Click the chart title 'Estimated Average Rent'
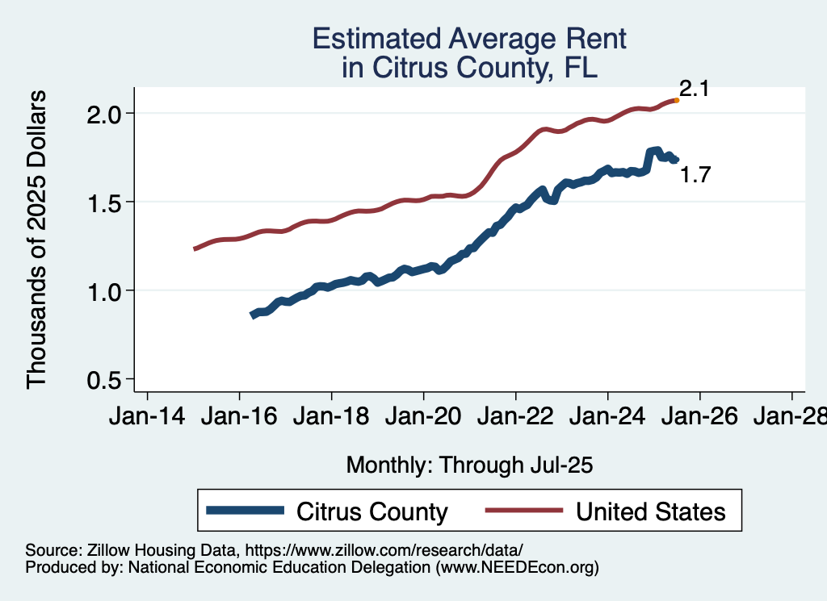coord(469,38)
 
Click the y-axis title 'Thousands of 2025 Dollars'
coord(37,240)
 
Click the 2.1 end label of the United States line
coord(694,90)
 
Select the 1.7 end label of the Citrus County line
coord(695,174)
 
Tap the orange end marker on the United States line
coord(676,101)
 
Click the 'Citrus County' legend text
coord(372,511)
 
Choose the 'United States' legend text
coord(651,511)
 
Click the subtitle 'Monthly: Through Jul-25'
coord(469,465)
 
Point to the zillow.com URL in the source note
coord(384,549)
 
